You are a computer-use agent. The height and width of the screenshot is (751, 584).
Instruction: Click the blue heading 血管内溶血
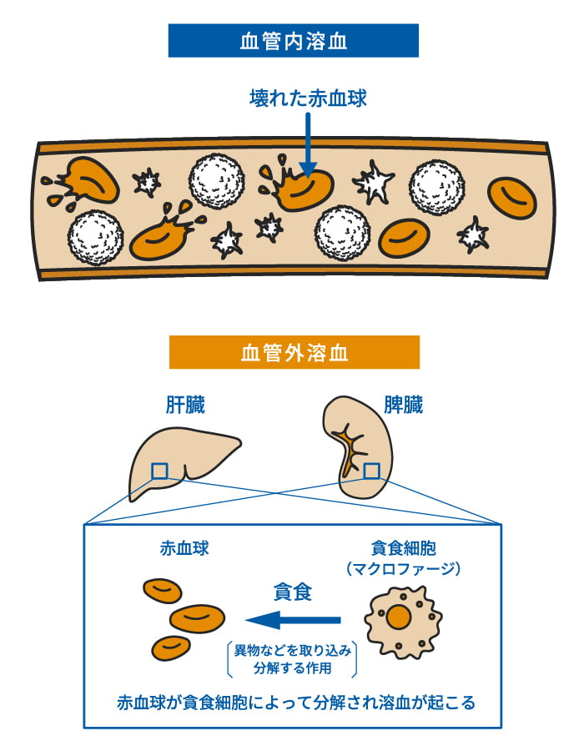click(293, 40)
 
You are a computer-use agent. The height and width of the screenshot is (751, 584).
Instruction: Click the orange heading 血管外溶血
click(294, 352)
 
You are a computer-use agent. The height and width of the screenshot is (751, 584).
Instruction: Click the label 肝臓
click(184, 406)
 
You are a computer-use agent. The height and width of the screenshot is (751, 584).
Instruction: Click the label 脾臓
click(403, 406)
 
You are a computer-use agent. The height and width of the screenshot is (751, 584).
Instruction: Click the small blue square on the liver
click(159, 472)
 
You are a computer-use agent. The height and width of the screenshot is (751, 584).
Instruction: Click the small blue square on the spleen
click(371, 471)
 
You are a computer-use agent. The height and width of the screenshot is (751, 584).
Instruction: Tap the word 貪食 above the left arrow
click(293, 592)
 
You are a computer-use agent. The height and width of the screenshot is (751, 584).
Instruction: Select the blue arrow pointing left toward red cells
click(293, 620)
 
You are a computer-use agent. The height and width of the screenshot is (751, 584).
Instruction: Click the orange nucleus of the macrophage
click(400, 618)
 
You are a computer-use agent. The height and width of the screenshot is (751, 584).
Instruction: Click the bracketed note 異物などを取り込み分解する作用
click(293, 659)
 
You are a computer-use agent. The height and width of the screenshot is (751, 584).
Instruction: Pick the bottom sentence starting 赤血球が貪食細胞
click(296, 703)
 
